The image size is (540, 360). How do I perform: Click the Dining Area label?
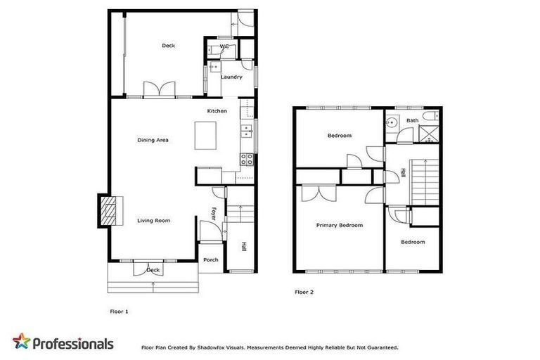coord(153,140)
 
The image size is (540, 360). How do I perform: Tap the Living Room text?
coord(153,221)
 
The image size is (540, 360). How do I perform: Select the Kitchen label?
coord(217,112)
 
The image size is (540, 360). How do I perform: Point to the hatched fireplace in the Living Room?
coord(107,211)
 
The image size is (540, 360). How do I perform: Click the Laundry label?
coord(231,77)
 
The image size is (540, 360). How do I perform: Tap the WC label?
coord(224,47)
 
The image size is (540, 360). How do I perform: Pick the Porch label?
coord(210,259)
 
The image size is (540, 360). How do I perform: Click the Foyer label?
coord(214,212)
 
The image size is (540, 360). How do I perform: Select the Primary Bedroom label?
coord(339,226)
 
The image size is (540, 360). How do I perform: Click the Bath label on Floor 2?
coord(412,121)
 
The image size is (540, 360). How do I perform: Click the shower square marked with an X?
coord(427,134)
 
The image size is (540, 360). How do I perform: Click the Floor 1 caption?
coord(120,311)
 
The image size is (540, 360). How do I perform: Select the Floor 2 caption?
coord(303,291)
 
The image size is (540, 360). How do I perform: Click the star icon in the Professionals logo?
coord(22,342)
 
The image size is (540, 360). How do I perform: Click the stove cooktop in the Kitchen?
coord(247,159)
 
